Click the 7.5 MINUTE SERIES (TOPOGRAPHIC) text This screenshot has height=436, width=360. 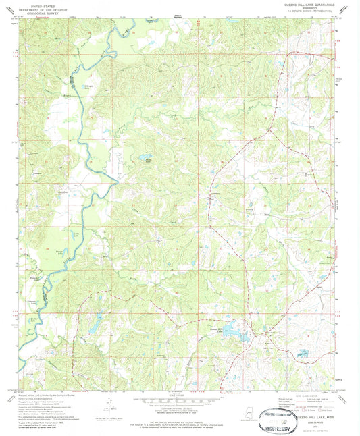[307, 11]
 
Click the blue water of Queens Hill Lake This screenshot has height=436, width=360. [233, 331]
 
